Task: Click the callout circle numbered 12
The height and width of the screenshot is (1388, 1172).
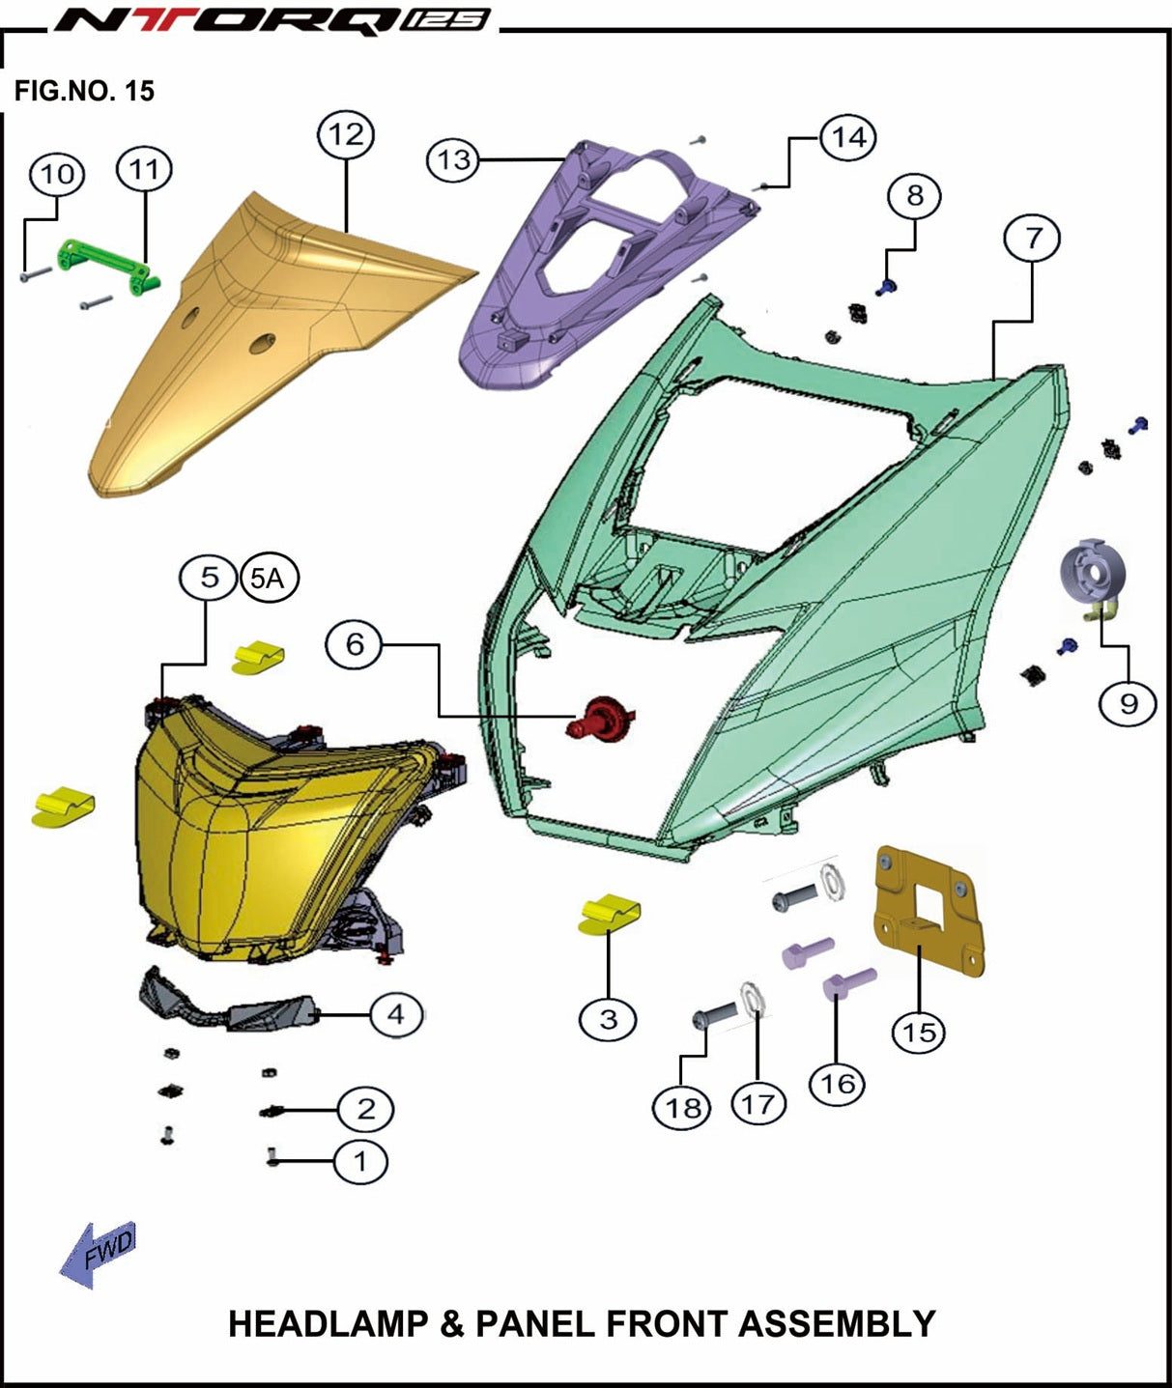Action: [345, 135]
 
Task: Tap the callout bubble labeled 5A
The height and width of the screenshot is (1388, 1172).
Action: [268, 579]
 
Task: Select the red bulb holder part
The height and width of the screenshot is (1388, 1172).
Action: [601, 718]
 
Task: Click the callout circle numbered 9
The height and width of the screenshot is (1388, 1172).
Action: [1129, 702]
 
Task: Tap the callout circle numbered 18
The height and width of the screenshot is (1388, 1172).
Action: [682, 1108]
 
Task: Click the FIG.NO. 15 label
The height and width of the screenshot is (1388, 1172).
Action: [84, 91]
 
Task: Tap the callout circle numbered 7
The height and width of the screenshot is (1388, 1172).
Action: [1032, 238]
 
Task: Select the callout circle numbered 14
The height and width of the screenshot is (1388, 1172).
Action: [848, 137]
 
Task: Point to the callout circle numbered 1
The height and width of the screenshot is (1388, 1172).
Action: [359, 1161]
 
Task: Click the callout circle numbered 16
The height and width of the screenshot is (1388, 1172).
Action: [838, 1084]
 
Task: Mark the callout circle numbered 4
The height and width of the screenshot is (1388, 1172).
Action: [396, 1014]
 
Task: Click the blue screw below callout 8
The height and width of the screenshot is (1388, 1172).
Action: [885, 287]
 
